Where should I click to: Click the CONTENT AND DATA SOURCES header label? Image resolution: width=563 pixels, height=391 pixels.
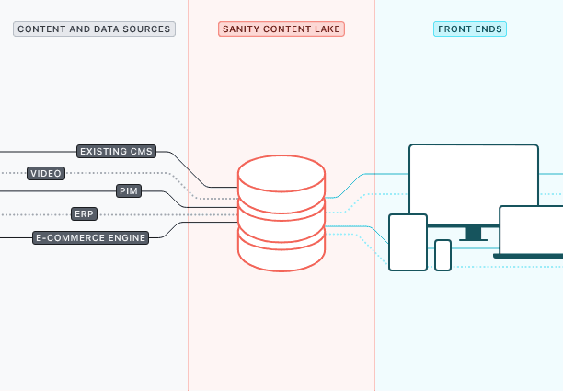(94, 29)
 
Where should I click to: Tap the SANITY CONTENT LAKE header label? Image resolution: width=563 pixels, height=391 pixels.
(281, 29)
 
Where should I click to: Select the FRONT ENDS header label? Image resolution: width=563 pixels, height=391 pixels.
(470, 29)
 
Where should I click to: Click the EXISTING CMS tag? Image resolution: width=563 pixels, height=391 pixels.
(116, 151)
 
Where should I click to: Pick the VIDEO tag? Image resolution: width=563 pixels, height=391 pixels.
(46, 173)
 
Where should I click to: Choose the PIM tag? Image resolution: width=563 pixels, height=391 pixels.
(129, 191)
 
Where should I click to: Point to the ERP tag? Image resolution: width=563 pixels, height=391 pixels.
(85, 214)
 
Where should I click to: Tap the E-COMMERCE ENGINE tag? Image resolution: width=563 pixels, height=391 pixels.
(90, 237)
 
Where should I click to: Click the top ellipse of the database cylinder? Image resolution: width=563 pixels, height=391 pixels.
(281, 172)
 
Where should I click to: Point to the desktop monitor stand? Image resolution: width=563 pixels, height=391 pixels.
(473, 234)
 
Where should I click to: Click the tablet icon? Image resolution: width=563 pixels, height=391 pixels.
(408, 242)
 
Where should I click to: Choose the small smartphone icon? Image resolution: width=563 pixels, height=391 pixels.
(442, 255)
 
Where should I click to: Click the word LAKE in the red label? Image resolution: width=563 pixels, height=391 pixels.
(327, 29)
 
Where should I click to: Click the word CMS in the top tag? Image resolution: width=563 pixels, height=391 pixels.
(141, 151)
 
